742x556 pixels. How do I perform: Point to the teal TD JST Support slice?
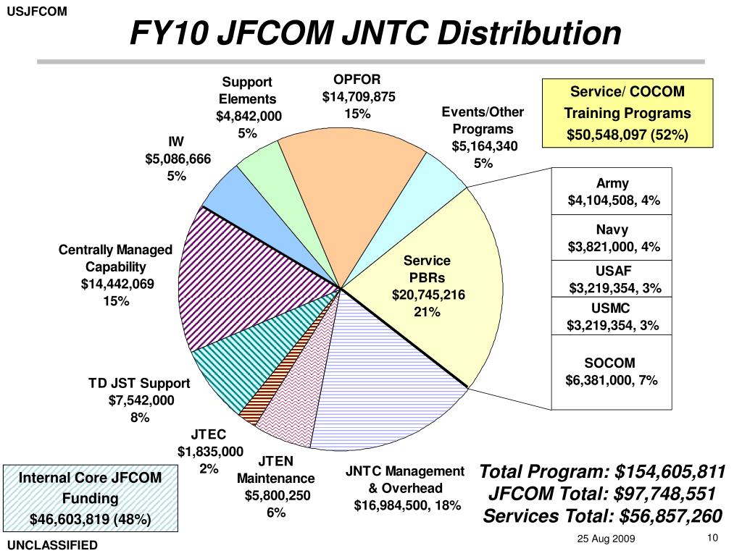tap(232, 362)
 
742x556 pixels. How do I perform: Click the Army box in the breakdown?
tap(613, 192)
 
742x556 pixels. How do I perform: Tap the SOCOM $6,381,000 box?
tap(613, 371)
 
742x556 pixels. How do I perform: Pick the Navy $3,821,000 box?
tap(613, 239)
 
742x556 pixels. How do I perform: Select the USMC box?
tap(613, 317)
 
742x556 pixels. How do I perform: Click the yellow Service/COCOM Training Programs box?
tap(627, 114)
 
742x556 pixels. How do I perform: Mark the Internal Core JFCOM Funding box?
tap(90, 498)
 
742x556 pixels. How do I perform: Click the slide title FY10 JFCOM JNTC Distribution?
tap(375, 33)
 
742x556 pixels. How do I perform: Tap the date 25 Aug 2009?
tap(605, 539)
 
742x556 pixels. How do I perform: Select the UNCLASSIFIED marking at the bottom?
tap(52, 545)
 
